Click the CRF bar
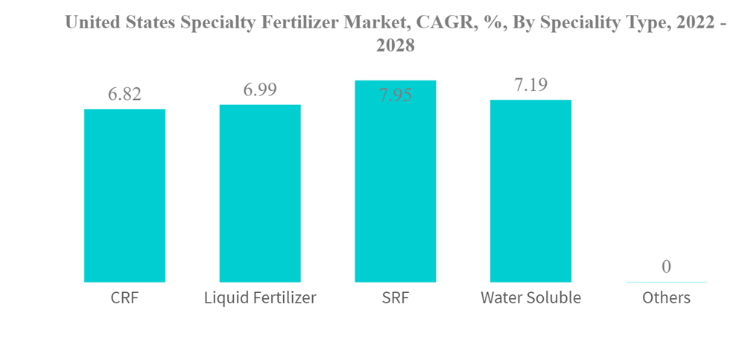coord(124,195)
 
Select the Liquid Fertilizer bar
coord(260,193)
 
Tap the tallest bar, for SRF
coord(395,181)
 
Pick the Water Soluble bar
coord(530,191)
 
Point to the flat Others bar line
coord(666,282)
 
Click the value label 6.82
coord(124,95)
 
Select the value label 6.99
coord(260,90)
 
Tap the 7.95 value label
coord(395,95)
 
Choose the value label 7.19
coord(530,85)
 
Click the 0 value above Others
coord(666,266)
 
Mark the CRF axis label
coord(124,298)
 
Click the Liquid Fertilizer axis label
coord(260,298)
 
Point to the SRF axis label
coord(395,298)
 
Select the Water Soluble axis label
coord(530,298)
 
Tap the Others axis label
coord(666,298)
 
